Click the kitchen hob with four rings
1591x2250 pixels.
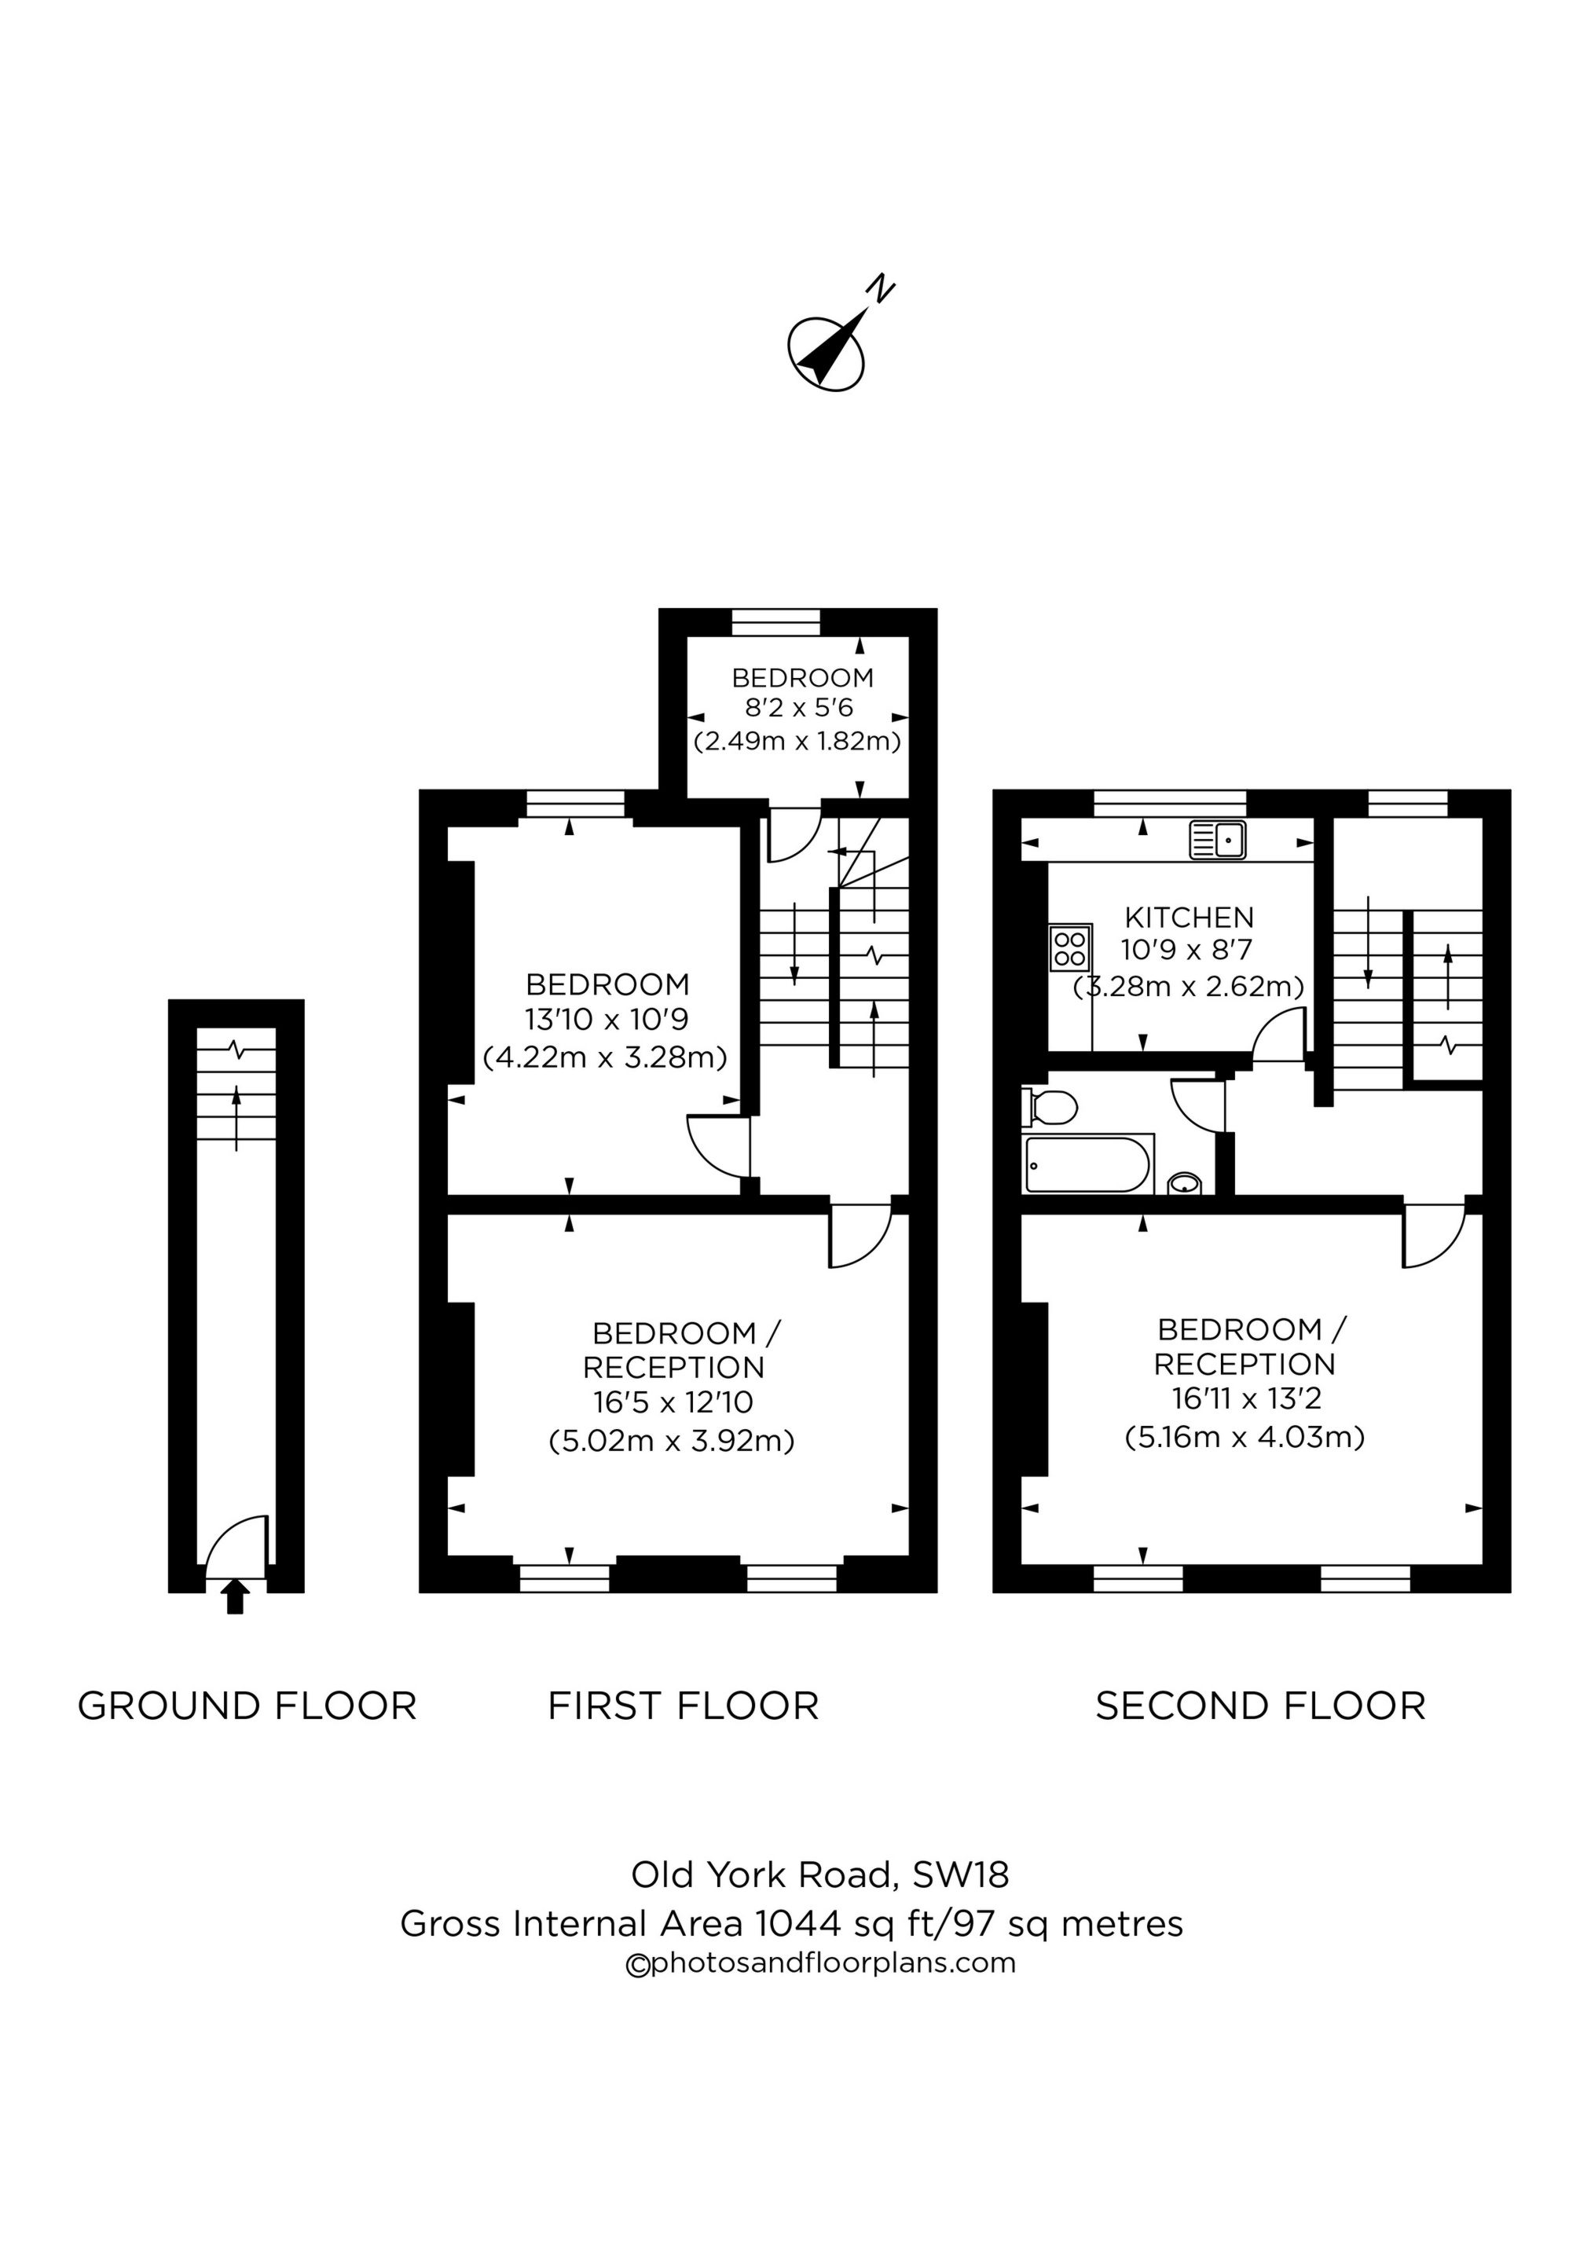1069,947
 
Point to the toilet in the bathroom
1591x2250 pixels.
1050,1108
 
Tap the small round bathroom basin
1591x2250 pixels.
1185,1184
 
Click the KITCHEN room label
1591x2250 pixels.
1188,918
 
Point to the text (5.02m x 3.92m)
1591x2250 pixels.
672,1441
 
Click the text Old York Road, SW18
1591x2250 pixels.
819,1874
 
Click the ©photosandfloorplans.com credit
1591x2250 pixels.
820,1963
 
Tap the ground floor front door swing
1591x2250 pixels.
238,1545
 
